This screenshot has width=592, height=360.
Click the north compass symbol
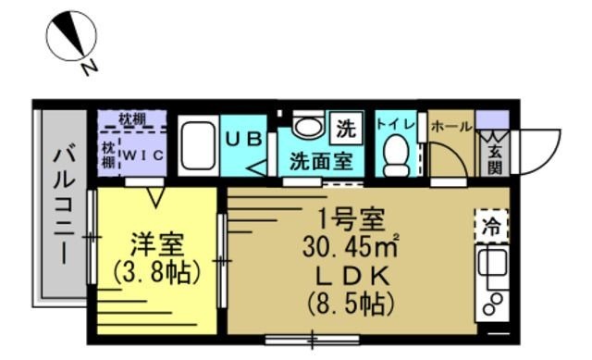pyautogui.click(x=72, y=39)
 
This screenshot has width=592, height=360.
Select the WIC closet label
pyautogui.click(x=143, y=155)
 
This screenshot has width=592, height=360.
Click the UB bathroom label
pyautogui.click(x=246, y=137)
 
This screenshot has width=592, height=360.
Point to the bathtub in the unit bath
pyautogui.click(x=198, y=146)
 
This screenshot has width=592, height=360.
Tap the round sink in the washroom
pyautogui.click(x=306, y=127)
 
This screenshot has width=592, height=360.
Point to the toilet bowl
pyautogui.click(x=397, y=155)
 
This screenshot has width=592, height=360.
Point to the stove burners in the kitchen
pyautogui.click(x=491, y=303)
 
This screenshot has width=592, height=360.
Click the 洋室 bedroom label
pyautogui.click(x=157, y=246)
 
